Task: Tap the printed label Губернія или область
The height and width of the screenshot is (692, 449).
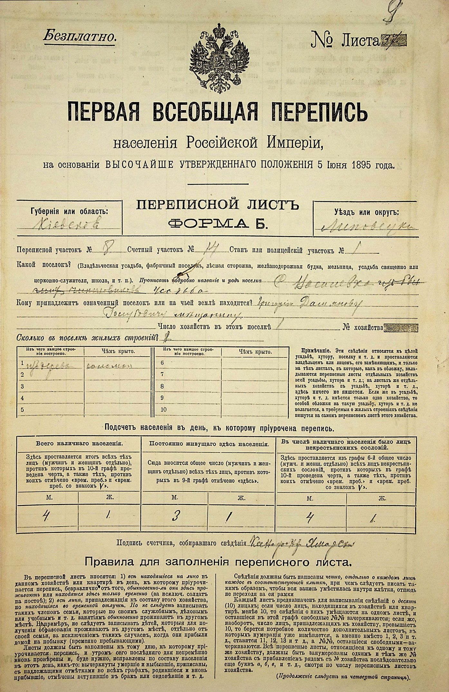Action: pyautogui.click(x=70, y=211)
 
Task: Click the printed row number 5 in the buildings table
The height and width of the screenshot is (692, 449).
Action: pyautogui.click(x=22, y=410)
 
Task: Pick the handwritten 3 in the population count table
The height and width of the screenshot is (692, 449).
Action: pyautogui.click(x=175, y=517)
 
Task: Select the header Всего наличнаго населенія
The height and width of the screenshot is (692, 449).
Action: pyautogui.click(x=79, y=443)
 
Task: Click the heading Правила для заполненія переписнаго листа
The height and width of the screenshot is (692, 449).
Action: pyautogui.click(x=217, y=562)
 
